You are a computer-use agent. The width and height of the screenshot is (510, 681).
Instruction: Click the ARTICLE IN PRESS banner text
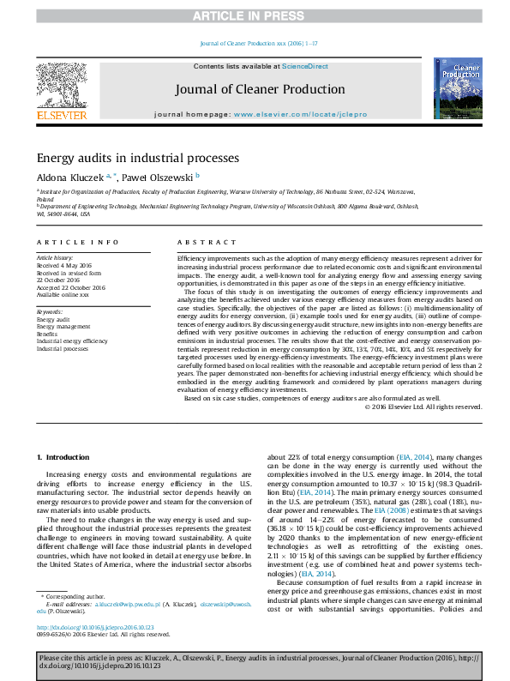[255, 15]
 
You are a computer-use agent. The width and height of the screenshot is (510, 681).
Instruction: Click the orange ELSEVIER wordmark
[60, 115]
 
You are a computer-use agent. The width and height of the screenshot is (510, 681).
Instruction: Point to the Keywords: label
[50, 310]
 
